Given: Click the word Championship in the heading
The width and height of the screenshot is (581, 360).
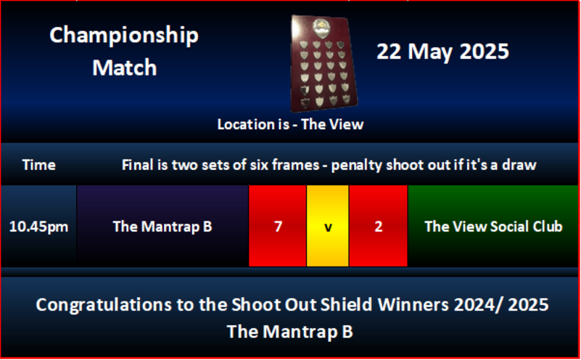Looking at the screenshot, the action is [124, 36].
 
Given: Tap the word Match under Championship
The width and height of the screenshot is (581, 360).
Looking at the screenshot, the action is [125, 67].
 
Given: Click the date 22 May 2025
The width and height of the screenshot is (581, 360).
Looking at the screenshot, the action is [442, 51].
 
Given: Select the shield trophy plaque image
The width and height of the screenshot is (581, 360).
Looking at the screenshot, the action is [323, 63].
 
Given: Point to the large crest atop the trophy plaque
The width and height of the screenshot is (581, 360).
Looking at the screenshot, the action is [321, 28].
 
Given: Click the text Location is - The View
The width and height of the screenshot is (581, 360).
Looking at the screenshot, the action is [290, 125].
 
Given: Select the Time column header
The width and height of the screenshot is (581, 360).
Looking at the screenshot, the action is [39, 165].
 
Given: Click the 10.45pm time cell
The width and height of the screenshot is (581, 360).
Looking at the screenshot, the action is [38, 226].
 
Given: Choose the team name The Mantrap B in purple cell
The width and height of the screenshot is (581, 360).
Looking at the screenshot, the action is [162, 226].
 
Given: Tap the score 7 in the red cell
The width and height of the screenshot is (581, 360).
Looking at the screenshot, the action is [278, 226].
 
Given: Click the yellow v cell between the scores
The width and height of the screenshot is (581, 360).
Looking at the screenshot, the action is [328, 226].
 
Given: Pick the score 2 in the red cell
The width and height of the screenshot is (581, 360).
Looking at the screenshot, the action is [379, 226].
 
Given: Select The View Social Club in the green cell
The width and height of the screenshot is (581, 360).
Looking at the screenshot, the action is [493, 226].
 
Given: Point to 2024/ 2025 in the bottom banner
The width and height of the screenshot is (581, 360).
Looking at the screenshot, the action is [501, 304].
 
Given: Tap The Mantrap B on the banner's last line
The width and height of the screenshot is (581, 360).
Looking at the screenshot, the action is [289, 332].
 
